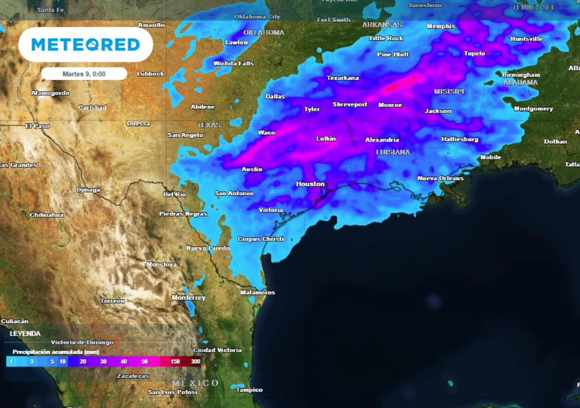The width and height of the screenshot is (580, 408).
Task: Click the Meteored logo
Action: (86, 45)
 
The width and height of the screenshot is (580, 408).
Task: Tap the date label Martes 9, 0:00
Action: (84, 74)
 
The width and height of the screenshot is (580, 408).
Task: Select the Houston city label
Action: (310, 184)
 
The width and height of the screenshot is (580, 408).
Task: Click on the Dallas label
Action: (275, 96)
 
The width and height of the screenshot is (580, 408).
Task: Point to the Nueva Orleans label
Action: (441, 178)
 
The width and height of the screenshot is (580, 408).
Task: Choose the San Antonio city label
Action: (233, 193)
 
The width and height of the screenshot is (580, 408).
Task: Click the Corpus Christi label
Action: (261, 239)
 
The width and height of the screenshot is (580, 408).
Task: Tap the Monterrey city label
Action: (189, 297)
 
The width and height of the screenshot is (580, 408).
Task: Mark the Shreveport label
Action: (350, 105)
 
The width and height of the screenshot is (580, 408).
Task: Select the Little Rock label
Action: (386, 38)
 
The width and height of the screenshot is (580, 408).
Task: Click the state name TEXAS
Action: (208, 125)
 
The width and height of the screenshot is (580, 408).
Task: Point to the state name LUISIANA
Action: (393, 152)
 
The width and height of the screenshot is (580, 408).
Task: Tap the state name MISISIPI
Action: (449, 91)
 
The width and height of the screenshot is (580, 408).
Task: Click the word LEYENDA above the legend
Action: (25, 334)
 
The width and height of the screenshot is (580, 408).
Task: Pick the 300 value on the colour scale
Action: (196, 362)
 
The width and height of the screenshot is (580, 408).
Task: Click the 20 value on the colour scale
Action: (83, 362)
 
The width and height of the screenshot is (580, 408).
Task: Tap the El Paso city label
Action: (37, 126)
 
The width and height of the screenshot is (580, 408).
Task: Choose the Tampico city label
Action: (249, 390)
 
